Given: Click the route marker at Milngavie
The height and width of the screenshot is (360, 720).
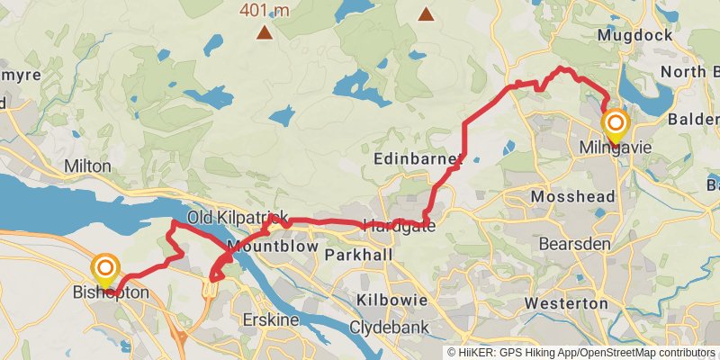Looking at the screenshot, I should tap(616, 124).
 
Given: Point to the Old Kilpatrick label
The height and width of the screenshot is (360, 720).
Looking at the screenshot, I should tap(238, 218).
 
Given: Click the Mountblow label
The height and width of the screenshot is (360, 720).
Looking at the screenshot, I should tap(269, 246).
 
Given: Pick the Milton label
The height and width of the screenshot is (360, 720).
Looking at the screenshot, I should tap(88, 166).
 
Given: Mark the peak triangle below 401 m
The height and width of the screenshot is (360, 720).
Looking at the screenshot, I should tap(264, 33).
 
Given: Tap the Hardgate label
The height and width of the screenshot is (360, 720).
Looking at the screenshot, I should tap(399, 226).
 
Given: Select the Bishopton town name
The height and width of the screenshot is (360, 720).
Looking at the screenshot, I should tap(110, 293).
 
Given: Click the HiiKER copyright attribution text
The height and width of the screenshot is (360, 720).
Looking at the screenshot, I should tap(581, 352).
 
